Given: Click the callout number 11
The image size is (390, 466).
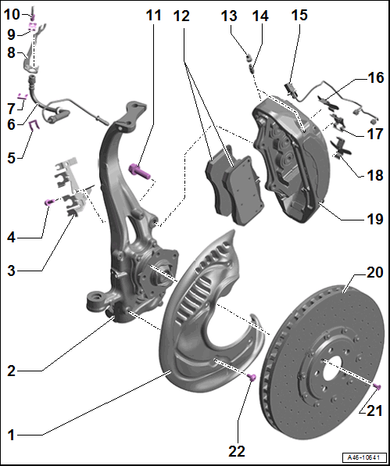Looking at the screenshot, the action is coord(153,16).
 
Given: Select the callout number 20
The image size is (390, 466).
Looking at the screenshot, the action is coord(375,272).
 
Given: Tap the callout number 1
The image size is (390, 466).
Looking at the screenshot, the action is coord(11,435).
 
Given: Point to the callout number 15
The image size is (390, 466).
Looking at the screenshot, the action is coord(299,15).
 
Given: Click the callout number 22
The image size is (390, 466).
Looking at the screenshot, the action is coord(237,451).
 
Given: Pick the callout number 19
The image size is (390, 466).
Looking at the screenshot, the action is coord(375,219).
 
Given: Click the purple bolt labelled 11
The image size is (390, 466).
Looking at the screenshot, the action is coord(140,172).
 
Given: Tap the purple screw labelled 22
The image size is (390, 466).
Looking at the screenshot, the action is coord(252,378).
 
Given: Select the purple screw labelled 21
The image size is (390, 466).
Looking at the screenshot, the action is coord(377,386).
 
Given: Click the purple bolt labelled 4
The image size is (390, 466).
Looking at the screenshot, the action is coord(48,203).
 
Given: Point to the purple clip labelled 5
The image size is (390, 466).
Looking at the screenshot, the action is coord(34,126).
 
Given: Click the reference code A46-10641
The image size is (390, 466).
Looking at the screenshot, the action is coord(364,457).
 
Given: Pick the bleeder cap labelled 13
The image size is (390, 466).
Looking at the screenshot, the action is coord(249,56).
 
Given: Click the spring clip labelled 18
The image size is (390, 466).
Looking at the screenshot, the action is coord(342,148).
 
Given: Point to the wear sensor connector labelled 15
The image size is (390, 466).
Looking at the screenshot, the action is coord(291,89).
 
